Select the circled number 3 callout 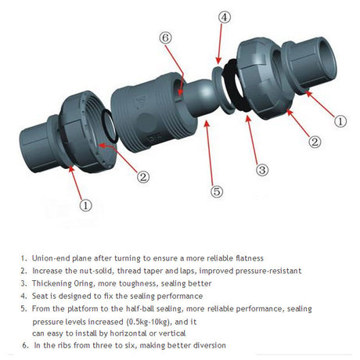point(261,169)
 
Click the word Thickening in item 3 point(51,283)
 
